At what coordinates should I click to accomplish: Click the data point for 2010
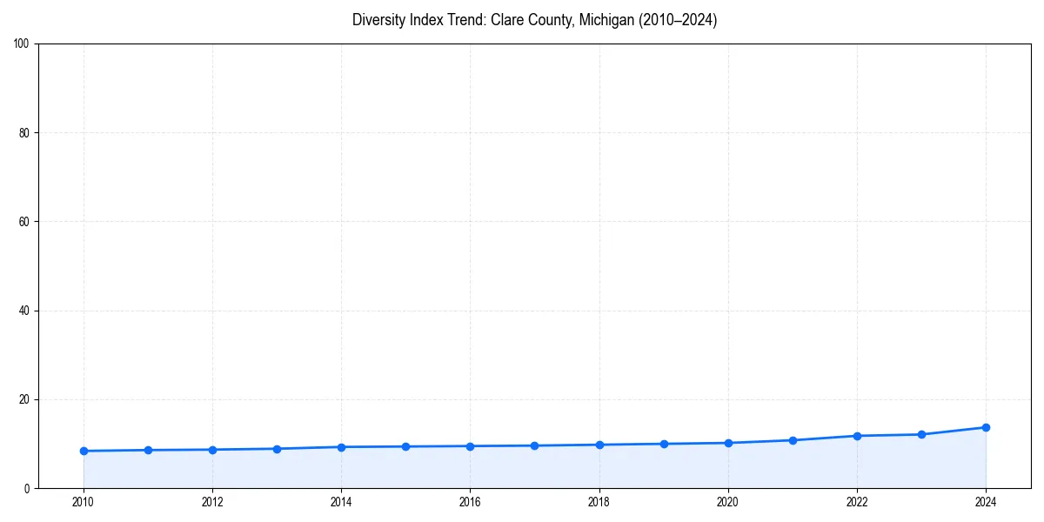coord(84,451)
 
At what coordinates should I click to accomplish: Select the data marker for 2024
coord(986,427)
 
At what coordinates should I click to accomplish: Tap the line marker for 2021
coord(793,440)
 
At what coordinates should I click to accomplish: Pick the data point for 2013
coord(277,449)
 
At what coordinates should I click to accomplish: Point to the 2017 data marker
coord(534,445)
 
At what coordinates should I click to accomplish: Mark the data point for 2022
coord(857,436)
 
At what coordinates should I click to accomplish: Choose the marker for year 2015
coord(405,446)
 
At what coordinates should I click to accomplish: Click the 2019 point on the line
coord(664,444)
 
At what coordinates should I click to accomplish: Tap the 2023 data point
coord(921,434)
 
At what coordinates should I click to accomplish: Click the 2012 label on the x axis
coord(212,501)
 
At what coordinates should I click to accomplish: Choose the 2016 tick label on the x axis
coord(470,501)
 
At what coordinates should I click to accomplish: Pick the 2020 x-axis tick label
coord(728,501)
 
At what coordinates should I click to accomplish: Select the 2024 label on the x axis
coord(986,501)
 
